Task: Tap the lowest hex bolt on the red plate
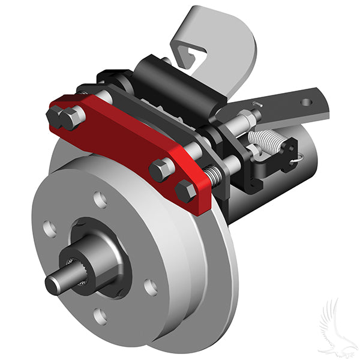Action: point(187,191)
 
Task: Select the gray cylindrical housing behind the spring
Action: point(282,180)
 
